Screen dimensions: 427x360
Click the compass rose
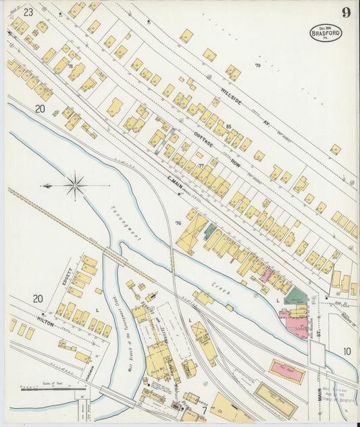[74, 184]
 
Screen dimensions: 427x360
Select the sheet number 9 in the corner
[346, 12]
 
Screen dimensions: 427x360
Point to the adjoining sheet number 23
[28, 12]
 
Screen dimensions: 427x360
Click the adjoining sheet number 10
[346, 351]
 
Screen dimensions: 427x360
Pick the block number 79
[257, 66]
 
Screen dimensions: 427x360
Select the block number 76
[178, 224]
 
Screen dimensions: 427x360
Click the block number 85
[229, 126]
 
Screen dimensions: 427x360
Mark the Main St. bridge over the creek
[317, 353]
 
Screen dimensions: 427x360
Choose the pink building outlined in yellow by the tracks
[286, 371]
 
